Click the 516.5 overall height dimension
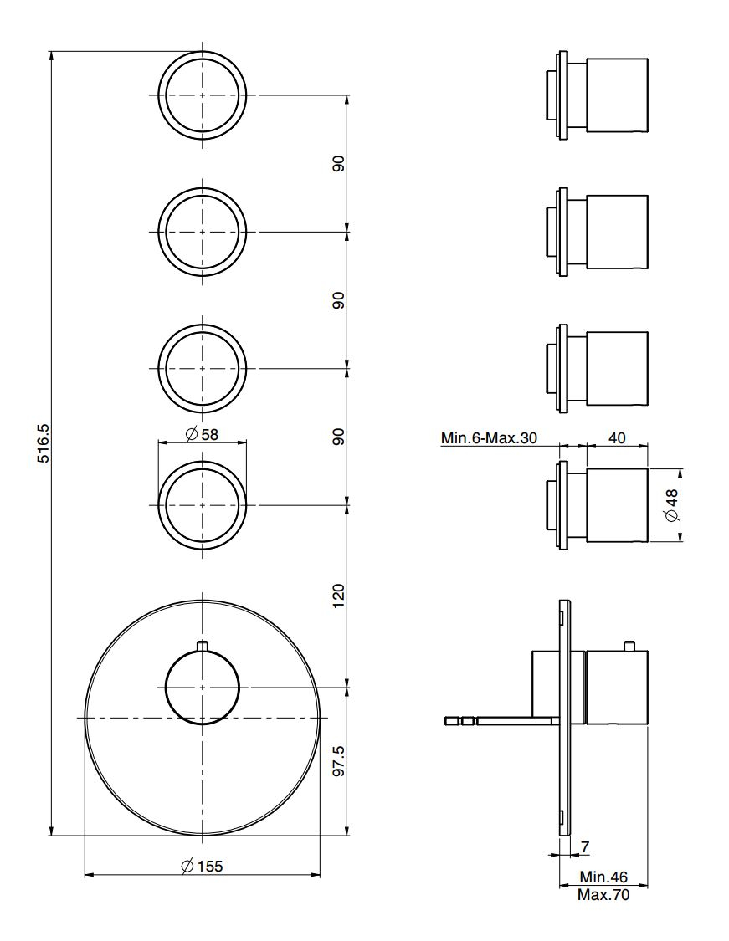click(x=43, y=442)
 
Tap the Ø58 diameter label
click(x=202, y=433)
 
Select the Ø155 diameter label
click(x=202, y=866)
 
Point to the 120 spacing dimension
click(x=339, y=596)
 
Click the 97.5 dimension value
click(x=339, y=761)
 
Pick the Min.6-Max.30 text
click(x=489, y=437)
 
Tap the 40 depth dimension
click(x=617, y=437)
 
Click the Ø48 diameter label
click(x=671, y=505)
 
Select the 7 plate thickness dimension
click(x=585, y=846)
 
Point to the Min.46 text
click(x=603, y=877)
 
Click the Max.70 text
click(x=603, y=895)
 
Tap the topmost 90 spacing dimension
click(x=339, y=164)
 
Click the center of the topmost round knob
click(x=203, y=95)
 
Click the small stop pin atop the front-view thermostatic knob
click(x=203, y=646)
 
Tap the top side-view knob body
click(x=617, y=95)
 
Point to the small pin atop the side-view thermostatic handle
click(x=629, y=646)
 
